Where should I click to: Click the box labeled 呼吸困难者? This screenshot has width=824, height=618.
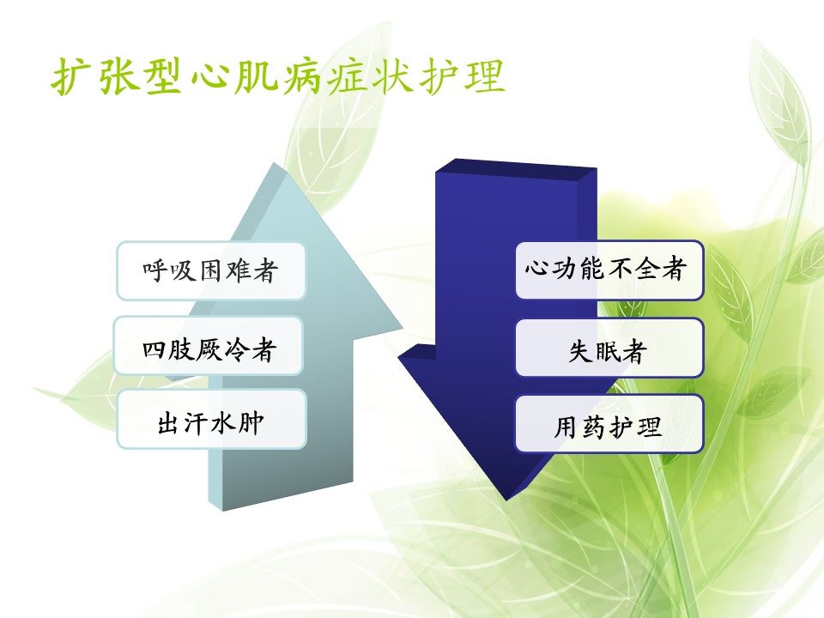point(211,270)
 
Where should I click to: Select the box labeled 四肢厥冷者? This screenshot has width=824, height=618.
point(209,346)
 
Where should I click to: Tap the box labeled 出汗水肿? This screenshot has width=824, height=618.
point(211,419)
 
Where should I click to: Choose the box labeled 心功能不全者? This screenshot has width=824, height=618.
point(609,270)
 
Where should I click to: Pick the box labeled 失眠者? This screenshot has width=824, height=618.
point(609,348)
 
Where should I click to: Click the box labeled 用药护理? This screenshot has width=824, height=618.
point(609,423)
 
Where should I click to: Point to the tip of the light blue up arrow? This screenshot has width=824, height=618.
point(273,163)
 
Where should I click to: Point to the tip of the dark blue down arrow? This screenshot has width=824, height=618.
point(506,500)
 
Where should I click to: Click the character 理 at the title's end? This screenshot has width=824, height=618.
point(484,76)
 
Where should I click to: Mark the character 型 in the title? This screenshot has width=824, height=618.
point(164,76)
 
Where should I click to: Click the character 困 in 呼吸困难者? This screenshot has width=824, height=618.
point(211,271)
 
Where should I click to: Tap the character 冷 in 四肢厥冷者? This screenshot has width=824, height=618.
point(237,349)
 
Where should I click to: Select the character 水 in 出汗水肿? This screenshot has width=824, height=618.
point(223,423)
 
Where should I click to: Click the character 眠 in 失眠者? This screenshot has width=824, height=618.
point(608,351)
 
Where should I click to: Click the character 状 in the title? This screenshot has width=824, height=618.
point(393,76)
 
